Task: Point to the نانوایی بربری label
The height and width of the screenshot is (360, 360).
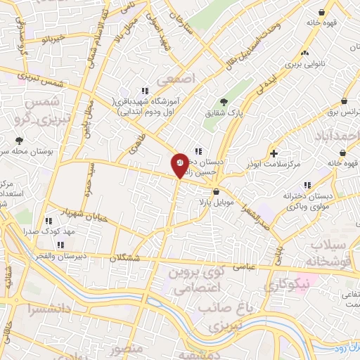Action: pos(304,65)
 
